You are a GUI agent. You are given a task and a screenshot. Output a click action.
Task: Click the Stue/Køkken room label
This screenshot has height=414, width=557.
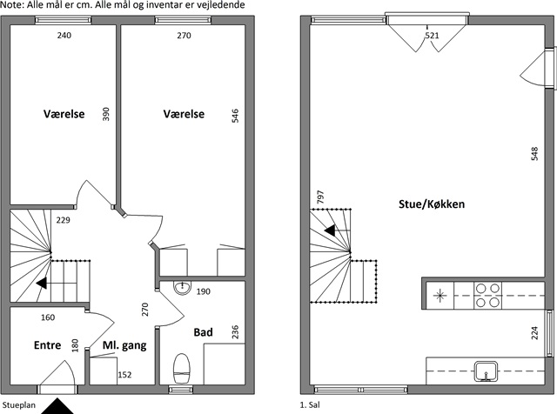pos(432,204)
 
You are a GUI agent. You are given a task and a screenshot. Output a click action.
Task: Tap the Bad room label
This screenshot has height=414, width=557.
pos(203,332)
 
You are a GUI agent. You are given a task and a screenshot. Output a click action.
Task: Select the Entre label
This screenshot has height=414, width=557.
pos(47,345)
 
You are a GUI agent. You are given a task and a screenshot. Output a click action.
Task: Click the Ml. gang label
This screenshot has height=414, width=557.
pos(124,345)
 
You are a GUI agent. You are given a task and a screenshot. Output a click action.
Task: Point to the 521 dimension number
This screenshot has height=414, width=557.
pos(433,36)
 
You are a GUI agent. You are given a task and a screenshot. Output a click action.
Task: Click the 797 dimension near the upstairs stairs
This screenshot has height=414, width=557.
pos(320,197)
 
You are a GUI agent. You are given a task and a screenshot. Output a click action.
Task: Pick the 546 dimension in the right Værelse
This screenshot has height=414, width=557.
pos(235,116)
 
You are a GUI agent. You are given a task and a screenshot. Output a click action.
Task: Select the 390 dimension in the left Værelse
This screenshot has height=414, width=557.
pos(106,114)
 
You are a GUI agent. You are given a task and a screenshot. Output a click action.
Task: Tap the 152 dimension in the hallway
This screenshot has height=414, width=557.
pos(124,375)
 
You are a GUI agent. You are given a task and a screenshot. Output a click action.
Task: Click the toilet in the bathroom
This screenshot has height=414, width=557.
pos(182,368)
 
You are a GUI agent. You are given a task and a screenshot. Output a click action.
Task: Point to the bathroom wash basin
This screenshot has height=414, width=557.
pos(182,288)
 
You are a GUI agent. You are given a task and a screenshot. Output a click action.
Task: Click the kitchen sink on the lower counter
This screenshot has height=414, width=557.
pos(487,371)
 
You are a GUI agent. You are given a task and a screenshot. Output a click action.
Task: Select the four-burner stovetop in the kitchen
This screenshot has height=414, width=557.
pos(487,296)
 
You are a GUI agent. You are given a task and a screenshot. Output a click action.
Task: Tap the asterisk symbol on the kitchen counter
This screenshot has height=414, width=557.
pos(440,296)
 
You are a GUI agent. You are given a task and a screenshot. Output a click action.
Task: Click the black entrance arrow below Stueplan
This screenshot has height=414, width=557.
pos(57,406)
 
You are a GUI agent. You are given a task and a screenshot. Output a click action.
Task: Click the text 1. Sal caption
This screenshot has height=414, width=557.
pos(310,404)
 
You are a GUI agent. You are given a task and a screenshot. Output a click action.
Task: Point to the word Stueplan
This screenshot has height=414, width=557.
pos(19,405)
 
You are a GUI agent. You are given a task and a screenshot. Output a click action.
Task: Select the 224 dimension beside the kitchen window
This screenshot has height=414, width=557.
pos(534,333)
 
